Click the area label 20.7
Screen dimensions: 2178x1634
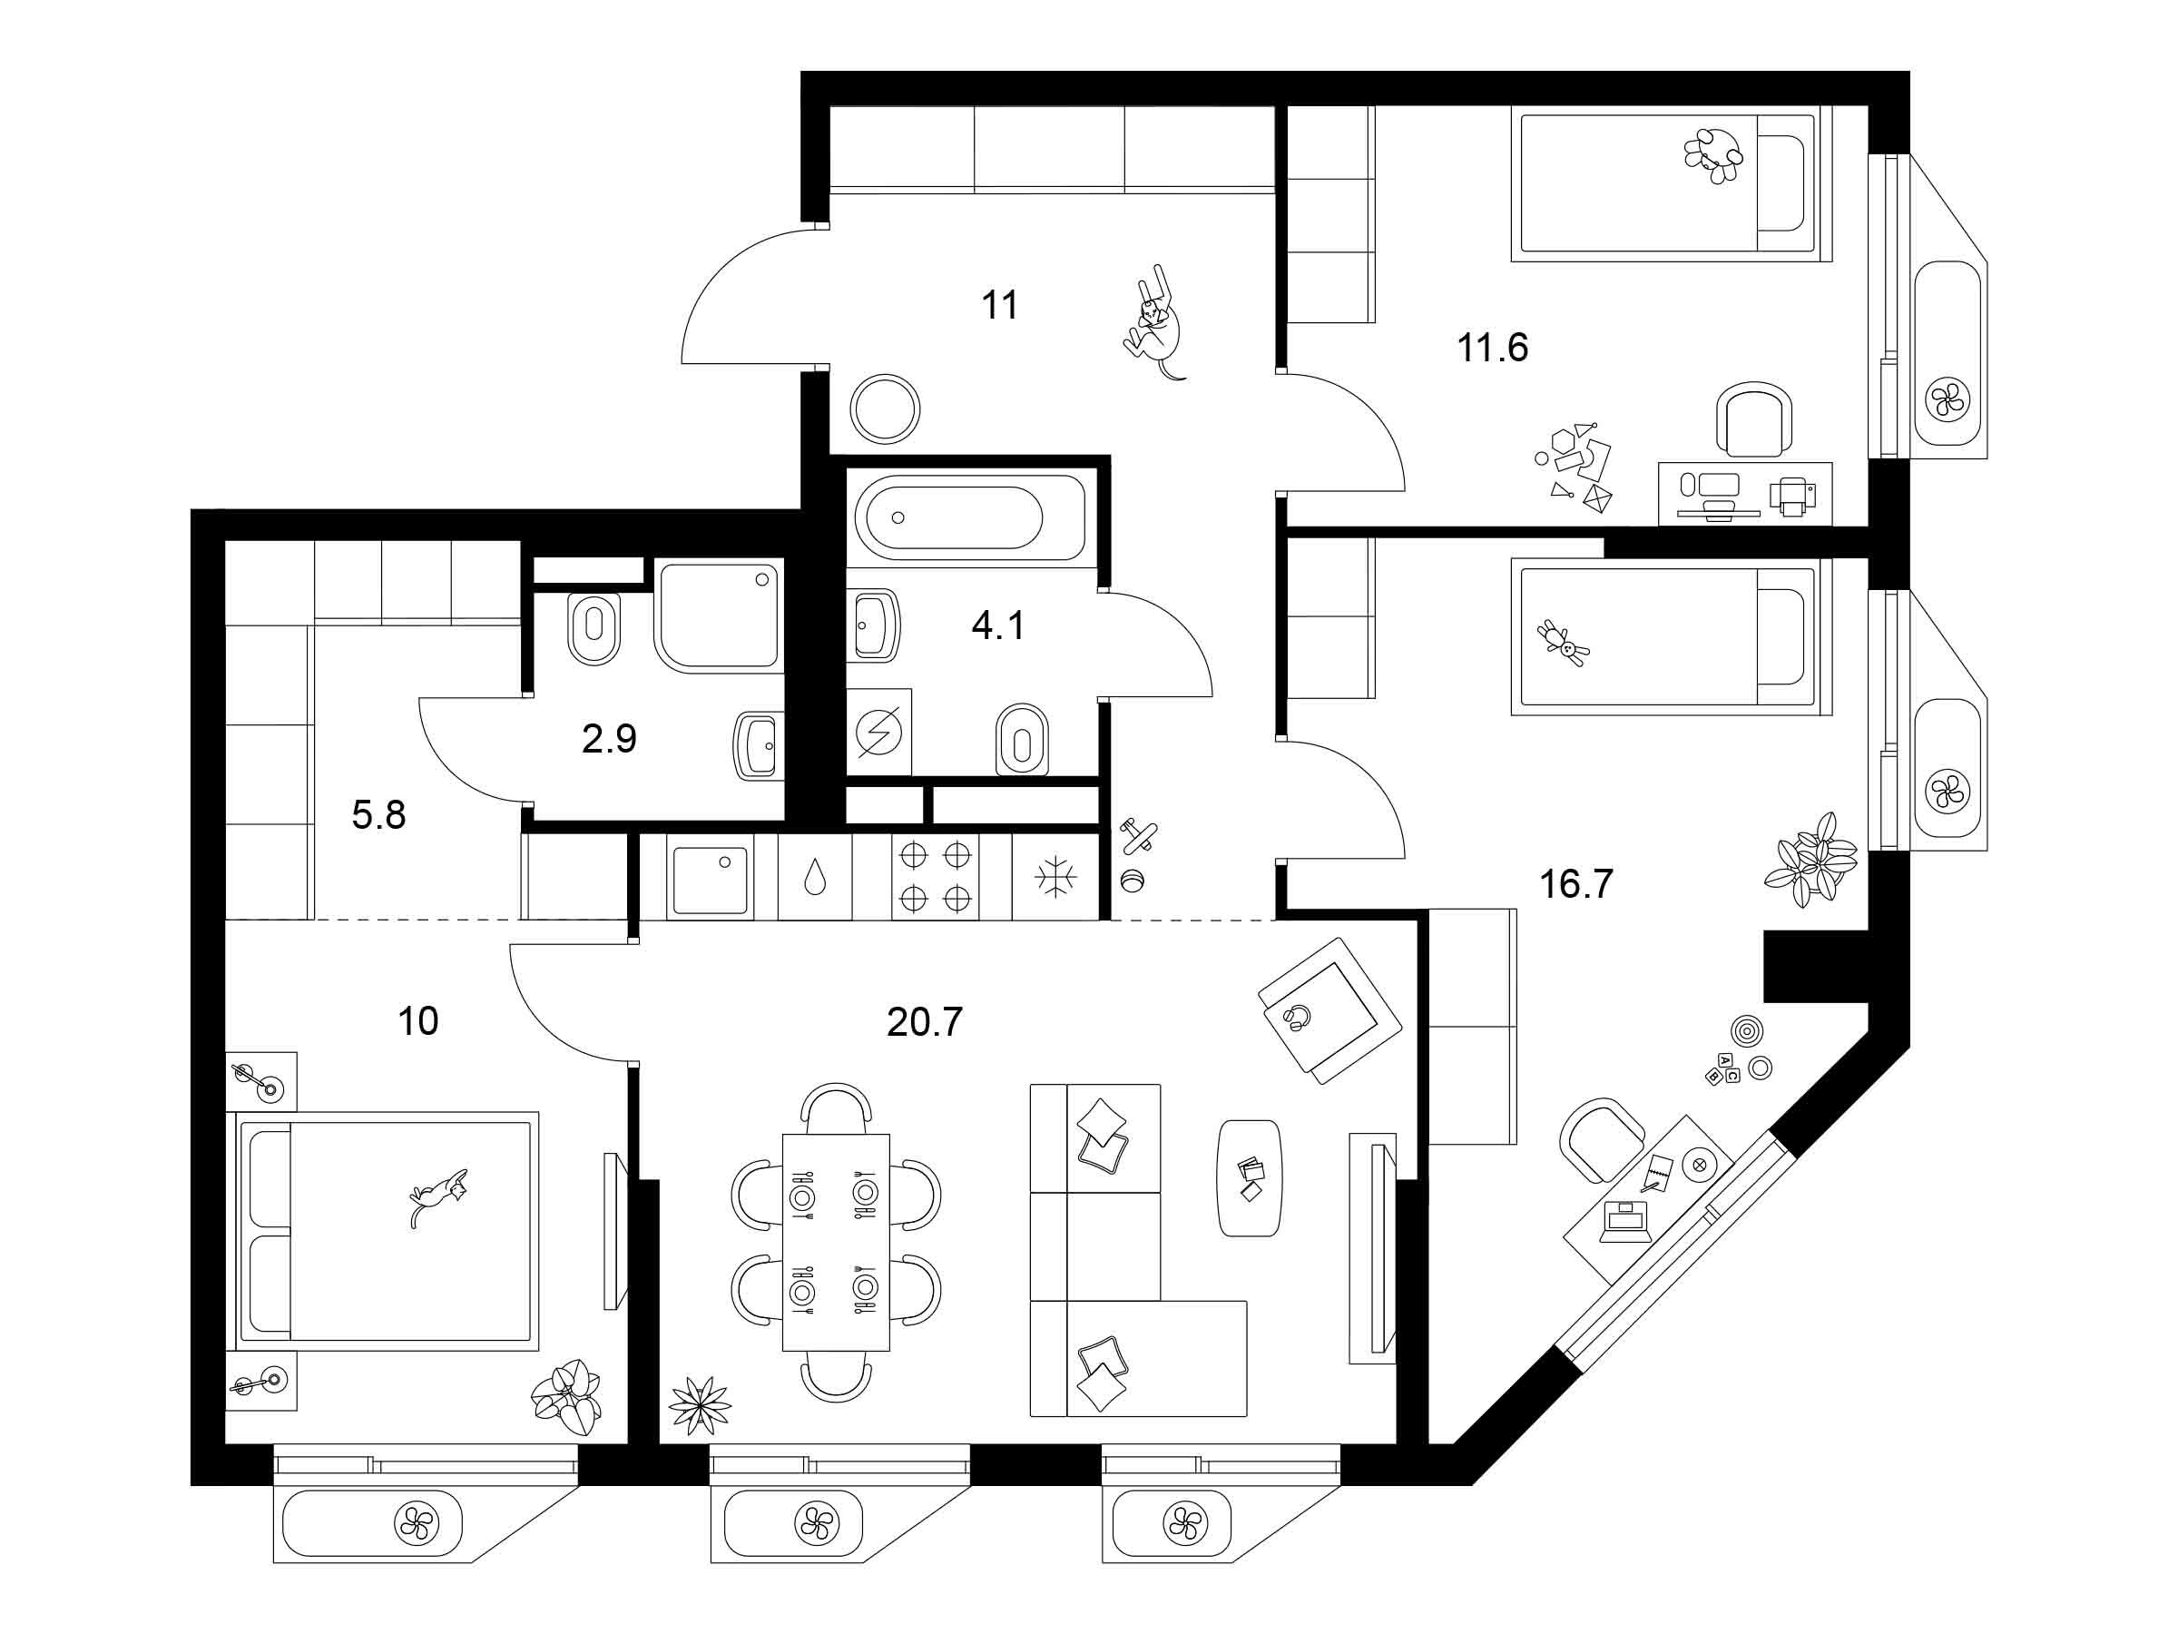924,1022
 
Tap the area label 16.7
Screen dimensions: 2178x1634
1576,884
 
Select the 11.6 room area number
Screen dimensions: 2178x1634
1493,348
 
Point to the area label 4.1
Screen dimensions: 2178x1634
998,625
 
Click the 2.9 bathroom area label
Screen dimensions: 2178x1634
610,738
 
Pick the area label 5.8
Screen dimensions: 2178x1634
379,815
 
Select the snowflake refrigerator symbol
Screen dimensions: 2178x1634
1055,877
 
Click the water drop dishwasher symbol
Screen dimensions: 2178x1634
814,877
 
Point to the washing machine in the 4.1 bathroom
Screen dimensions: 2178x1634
879,732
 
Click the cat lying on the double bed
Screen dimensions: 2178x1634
438,1196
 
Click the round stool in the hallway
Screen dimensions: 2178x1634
886,408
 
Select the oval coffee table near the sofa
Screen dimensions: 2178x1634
1251,1179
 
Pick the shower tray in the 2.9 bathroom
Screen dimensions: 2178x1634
720,615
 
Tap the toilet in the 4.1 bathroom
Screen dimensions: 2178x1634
1022,740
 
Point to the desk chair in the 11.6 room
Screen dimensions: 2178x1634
1754,419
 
